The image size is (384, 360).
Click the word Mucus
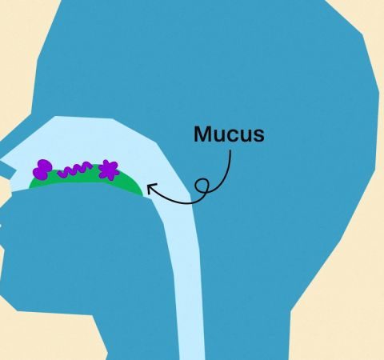pyautogui.click(x=230, y=134)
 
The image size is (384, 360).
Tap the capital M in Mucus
pyautogui.click(x=202, y=134)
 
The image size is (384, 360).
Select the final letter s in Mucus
pyautogui.click(x=258, y=136)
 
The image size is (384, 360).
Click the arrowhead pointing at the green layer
pyautogui.click(x=150, y=188)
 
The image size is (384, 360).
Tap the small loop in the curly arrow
pyautogui.click(x=202, y=186)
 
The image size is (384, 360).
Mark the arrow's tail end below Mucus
pyautogui.click(x=230, y=151)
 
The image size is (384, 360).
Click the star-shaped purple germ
pyautogui.click(x=108, y=170)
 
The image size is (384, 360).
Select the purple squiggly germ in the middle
pyautogui.click(x=74, y=170)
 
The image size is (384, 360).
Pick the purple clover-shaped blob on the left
pyautogui.click(x=42, y=169)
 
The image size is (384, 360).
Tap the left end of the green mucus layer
pyautogui.click(x=30, y=186)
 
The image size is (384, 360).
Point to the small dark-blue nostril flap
pyautogui.click(x=6, y=170)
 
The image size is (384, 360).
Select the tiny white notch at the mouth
pyautogui.click(x=1, y=226)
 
